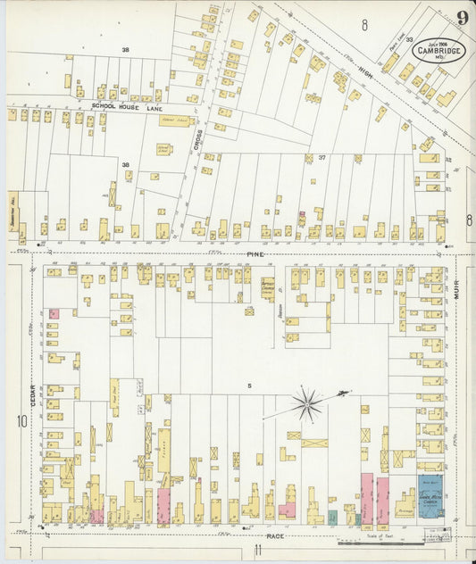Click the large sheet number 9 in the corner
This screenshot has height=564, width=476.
click(462, 18)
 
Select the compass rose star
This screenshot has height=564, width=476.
click(306, 404)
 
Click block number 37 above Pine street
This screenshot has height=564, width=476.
click(322, 158)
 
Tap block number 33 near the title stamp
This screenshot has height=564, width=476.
click(409, 40)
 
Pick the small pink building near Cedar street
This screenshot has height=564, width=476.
click(54, 314)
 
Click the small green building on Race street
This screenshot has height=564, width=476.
click(332, 517)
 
